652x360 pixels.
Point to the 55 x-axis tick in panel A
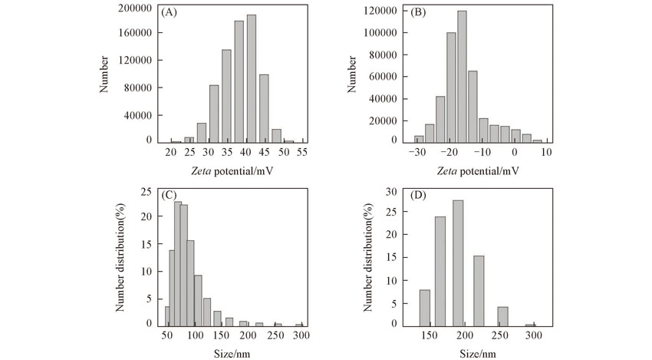pyautogui.click(x=303, y=153)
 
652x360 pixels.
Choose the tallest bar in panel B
pyautogui.click(x=462, y=76)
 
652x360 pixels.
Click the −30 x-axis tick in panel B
pyautogui.click(x=418, y=153)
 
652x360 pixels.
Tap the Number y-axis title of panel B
pyautogui.click(x=353, y=73)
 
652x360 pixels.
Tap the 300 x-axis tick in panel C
pyautogui.click(x=300, y=336)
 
